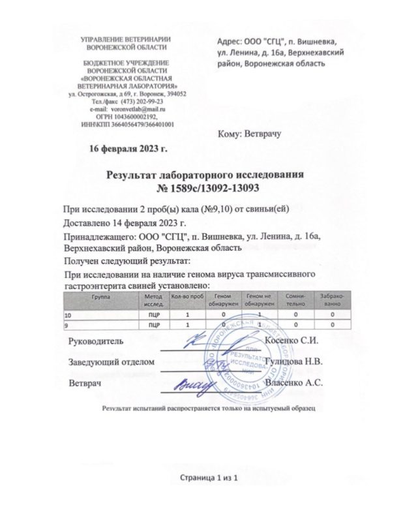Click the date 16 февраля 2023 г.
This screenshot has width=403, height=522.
(128, 148)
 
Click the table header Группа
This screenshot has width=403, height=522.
(100, 296)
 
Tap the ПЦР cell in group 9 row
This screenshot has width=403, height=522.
(150, 324)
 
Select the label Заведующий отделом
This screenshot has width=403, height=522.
(112, 361)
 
